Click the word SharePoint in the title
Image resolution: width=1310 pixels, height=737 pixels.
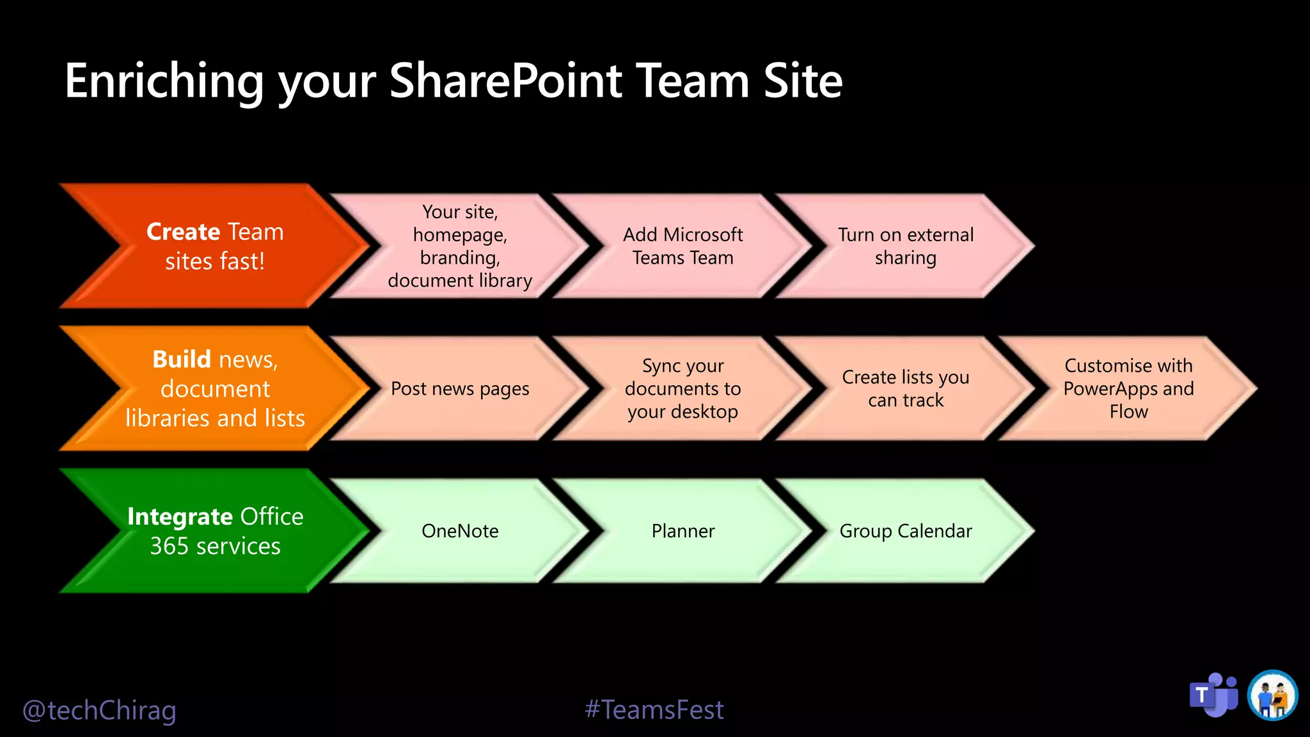click(x=505, y=81)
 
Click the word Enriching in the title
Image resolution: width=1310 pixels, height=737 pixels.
click(x=164, y=81)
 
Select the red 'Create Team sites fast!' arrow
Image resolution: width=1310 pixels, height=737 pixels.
click(x=215, y=246)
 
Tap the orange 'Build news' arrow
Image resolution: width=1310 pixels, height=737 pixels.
click(x=215, y=388)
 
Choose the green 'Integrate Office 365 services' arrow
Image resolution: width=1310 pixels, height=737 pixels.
click(x=215, y=531)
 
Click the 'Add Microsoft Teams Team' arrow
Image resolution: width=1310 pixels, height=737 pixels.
click(x=683, y=246)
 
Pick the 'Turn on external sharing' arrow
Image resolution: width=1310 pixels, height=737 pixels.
click(x=906, y=246)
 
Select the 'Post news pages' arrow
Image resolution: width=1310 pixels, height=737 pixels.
click(x=460, y=388)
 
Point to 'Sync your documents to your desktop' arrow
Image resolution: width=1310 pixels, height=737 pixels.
click(x=683, y=388)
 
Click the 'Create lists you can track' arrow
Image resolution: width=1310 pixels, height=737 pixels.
click(x=906, y=388)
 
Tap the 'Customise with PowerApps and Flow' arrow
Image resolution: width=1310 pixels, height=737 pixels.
click(x=1128, y=388)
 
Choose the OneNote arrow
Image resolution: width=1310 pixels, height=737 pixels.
click(x=460, y=531)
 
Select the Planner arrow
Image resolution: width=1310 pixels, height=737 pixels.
click(x=683, y=531)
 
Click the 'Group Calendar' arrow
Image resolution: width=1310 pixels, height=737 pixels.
click(x=906, y=531)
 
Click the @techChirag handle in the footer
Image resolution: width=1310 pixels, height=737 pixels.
click(x=99, y=710)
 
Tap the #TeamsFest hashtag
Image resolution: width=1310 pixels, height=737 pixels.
click(x=654, y=709)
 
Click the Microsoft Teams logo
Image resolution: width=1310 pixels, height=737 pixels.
click(x=1213, y=695)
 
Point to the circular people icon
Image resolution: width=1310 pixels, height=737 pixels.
click(x=1272, y=695)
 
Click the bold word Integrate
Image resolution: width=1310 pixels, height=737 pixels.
click(x=180, y=516)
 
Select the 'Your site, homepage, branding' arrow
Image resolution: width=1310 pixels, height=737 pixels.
click(x=460, y=246)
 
